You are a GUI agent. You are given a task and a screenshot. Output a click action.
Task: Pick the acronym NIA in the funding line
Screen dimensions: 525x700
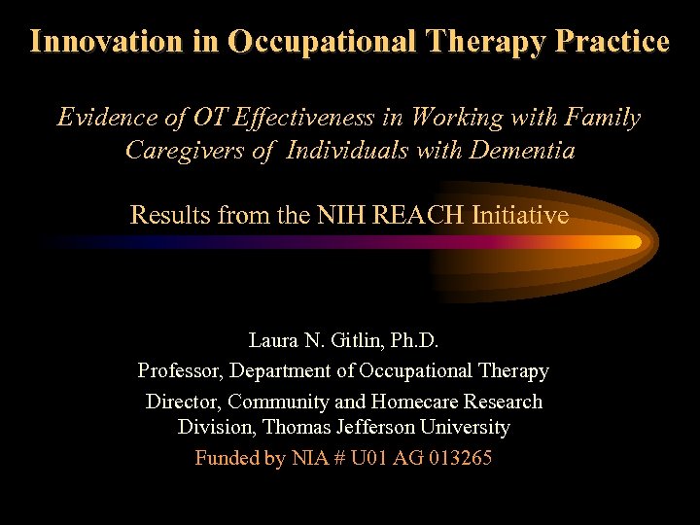point(310,457)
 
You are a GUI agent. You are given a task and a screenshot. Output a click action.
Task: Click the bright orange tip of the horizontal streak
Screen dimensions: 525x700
point(630,242)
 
